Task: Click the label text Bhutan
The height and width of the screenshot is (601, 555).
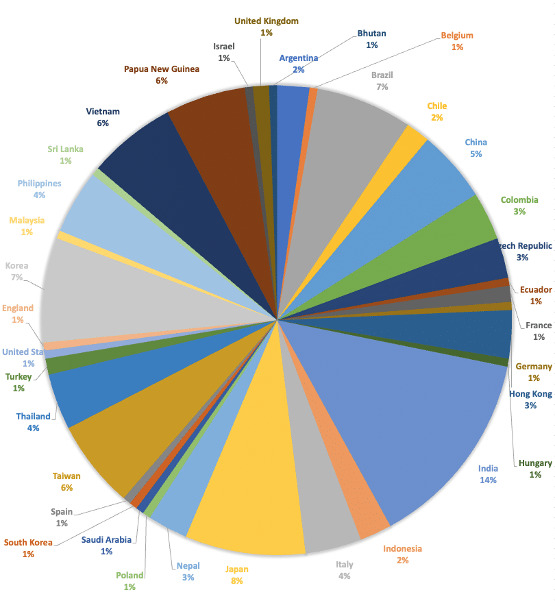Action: point(371,33)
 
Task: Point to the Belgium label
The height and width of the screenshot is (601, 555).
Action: point(457,36)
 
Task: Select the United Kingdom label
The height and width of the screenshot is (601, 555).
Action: point(267,21)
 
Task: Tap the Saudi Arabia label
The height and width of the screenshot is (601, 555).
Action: point(106,539)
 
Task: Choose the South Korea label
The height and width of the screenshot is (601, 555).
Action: point(28,543)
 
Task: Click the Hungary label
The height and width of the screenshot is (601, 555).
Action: point(535,463)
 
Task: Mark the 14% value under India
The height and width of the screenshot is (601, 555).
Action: point(488,480)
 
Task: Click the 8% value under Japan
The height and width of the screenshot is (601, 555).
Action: point(237,580)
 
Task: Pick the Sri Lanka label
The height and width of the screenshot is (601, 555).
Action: point(65,149)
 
